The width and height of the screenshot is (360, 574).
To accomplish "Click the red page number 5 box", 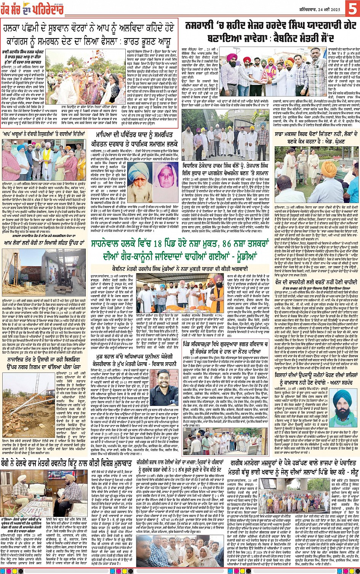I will tap(352, 8).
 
